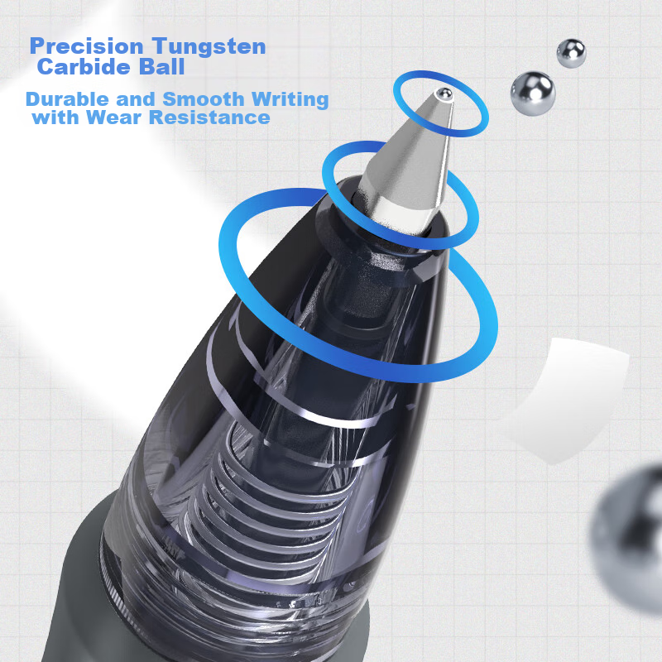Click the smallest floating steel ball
(571, 52)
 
